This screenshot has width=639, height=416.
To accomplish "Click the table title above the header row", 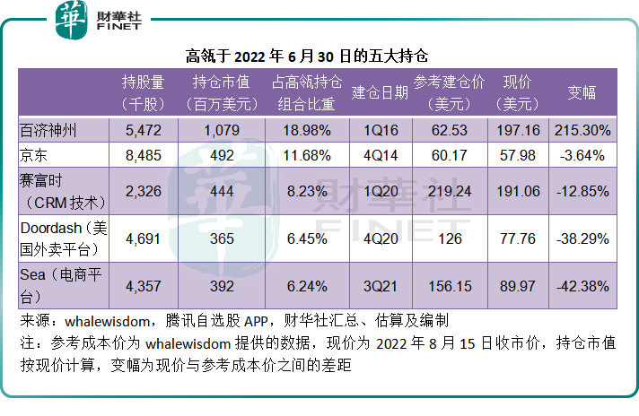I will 319,55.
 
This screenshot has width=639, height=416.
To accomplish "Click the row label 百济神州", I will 48,131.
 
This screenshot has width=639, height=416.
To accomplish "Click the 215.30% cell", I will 582,131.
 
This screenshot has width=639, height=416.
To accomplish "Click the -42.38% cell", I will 582,287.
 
